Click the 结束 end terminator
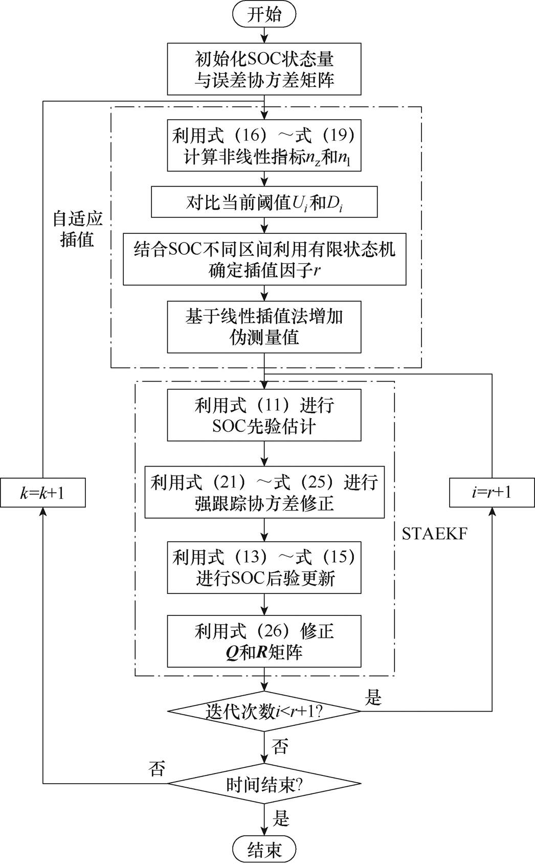coord(264,850)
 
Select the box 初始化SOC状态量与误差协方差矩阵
coord(264,69)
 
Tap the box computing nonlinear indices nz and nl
coord(264,145)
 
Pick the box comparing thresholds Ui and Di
coord(264,203)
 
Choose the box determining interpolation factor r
coord(264,259)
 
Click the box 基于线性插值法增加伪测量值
coord(264,327)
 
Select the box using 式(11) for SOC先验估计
coord(264,415)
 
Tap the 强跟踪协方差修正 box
coord(264,492)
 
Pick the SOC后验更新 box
coord(264,567)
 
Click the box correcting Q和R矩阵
coord(264,641)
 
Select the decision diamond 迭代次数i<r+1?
coord(264,711)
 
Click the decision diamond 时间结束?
coord(264,783)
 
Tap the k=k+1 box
coord(42,493)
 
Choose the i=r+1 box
coord(492,493)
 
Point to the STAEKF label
coord(435,534)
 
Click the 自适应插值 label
coord(78,229)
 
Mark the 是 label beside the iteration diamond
coord(373,698)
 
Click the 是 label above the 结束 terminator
coord(281,818)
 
